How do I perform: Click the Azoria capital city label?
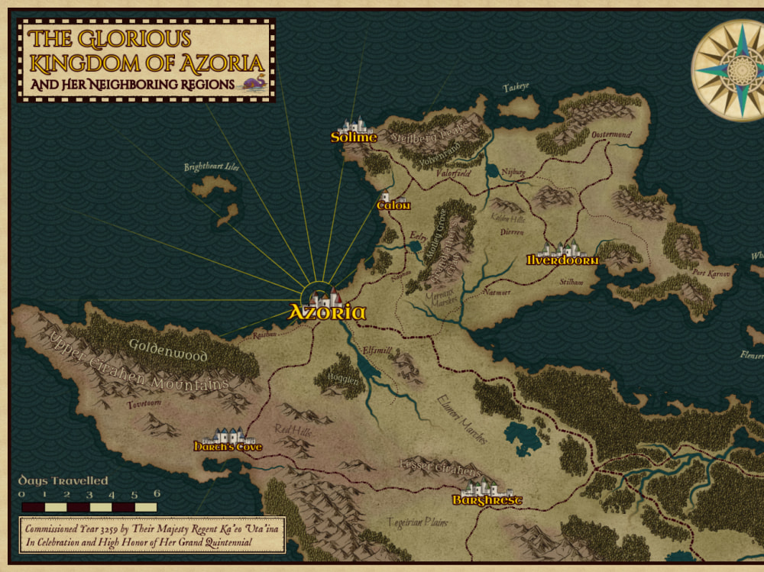click(x=327, y=312)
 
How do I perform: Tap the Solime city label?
click(x=354, y=137)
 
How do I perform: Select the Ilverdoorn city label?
click(x=562, y=260)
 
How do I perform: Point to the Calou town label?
click(x=394, y=205)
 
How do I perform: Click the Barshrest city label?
click(x=487, y=500)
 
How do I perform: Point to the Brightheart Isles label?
click(x=212, y=167)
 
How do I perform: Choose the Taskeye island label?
click(x=516, y=87)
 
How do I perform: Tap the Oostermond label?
click(x=611, y=135)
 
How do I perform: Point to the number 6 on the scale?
click(x=157, y=493)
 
